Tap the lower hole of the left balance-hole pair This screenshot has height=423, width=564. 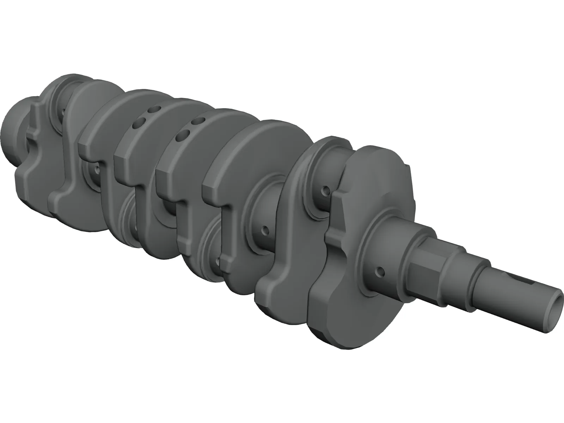pos(139,123)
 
